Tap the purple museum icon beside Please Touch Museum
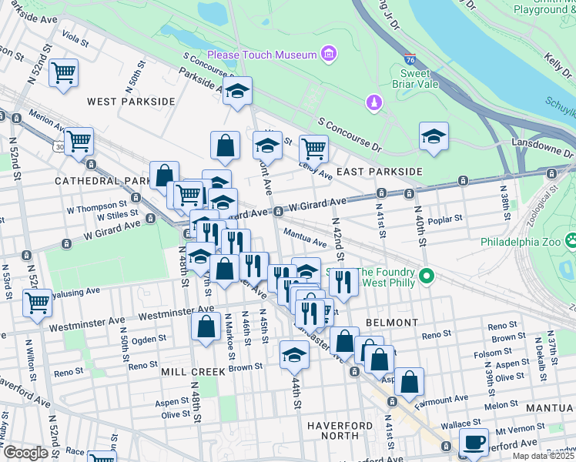tap(329, 54)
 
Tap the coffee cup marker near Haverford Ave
tap(474, 442)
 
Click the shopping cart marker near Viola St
tap(63, 73)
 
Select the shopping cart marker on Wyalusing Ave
tap(37, 303)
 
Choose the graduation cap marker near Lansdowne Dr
tap(434, 137)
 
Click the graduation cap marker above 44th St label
tap(294, 355)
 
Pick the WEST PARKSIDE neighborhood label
tap(131, 102)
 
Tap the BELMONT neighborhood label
tap(392, 323)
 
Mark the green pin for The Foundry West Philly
tap(430, 275)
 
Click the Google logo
tap(25, 453)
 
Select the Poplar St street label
tap(445, 218)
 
